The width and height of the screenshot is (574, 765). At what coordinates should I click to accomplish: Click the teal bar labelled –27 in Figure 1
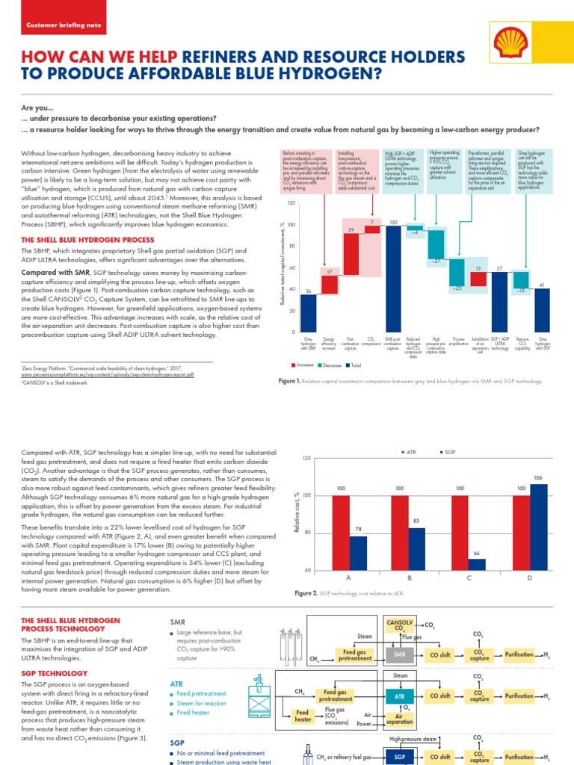coord(436,244)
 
